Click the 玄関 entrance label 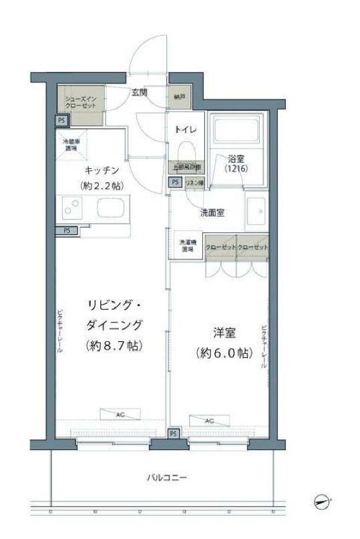139,93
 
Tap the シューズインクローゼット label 80,103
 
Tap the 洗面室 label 212,213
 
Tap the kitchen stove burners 70,209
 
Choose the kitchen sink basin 110,208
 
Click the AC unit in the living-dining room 120,415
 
